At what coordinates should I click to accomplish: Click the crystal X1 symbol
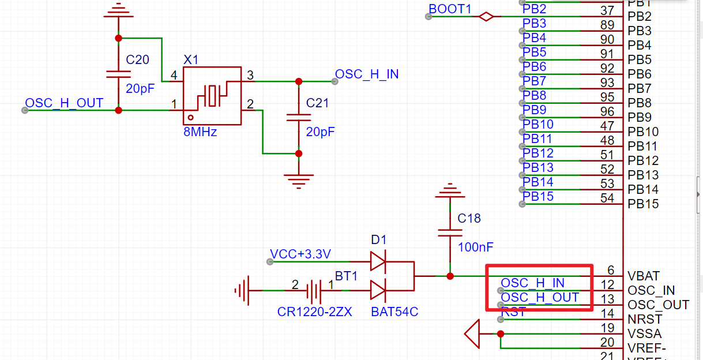[x=212, y=95]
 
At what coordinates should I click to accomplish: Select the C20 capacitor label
[x=137, y=59]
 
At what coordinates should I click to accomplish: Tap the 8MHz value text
[x=200, y=132]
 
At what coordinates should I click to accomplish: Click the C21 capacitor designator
[x=317, y=103]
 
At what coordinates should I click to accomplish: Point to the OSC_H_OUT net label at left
[x=64, y=103]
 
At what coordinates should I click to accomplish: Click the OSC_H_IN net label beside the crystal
[x=367, y=74]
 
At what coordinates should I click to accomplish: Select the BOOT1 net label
[x=450, y=9]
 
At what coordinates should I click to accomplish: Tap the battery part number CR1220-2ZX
[x=314, y=312]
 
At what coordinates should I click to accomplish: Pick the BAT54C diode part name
[x=395, y=312]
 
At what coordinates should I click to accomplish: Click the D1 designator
[x=379, y=239]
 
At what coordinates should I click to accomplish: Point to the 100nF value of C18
[x=476, y=247]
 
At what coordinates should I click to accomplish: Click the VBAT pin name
[x=644, y=276]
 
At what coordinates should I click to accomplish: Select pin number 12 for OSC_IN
[x=607, y=284]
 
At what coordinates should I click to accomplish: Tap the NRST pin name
[x=645, y=319]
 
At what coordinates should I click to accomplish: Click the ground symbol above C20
[x=118, y=12]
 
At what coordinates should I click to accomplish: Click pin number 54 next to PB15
[x=607, y=198]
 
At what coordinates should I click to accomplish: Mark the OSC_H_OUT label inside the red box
[x=540, y=297]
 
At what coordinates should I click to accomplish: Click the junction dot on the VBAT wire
[x=450, y=276]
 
